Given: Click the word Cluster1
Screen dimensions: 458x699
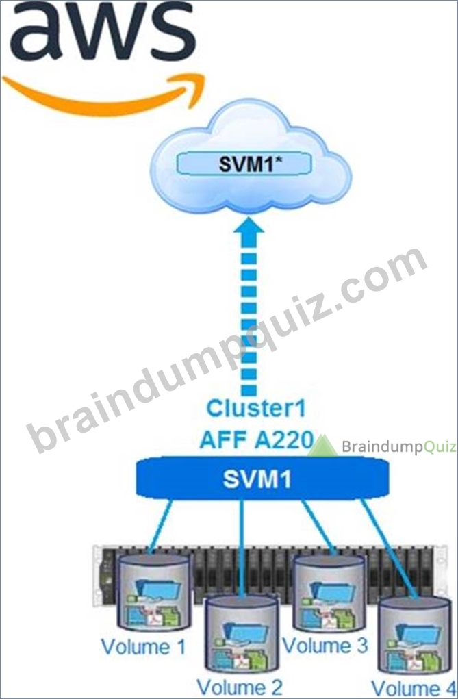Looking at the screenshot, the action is point(256,409).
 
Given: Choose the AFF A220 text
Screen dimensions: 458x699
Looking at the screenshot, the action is point(257,440).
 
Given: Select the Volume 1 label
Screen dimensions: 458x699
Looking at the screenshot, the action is point(143,647).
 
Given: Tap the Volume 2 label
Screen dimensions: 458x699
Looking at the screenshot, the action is point(240,687).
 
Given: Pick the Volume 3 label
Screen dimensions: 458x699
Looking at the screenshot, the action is point(326,645).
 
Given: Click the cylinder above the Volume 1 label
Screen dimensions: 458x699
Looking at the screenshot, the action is point(153,591).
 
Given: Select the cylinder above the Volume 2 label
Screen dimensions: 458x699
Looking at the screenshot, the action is point(241,633).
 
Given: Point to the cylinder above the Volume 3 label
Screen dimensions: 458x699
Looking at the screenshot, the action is point(329,592).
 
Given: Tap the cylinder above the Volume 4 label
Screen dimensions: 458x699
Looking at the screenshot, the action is point(414,635).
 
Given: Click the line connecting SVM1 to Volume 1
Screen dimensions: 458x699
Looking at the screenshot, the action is point(160,526).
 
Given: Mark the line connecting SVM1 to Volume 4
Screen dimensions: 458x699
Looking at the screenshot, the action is point(390,548).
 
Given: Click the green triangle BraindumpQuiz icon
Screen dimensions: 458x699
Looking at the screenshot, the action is point(322,446).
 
